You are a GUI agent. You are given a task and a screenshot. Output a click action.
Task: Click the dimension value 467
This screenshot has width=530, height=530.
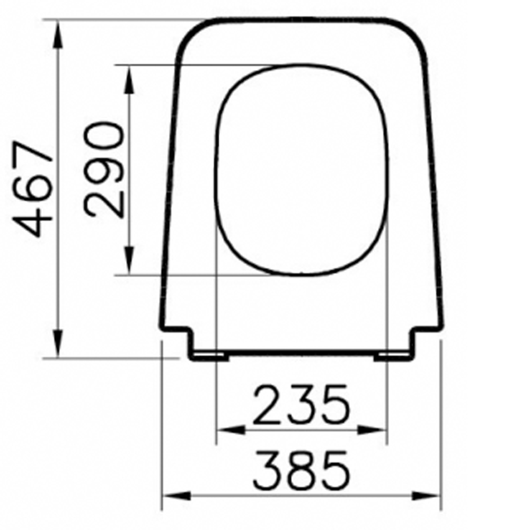click(x=35, y=188)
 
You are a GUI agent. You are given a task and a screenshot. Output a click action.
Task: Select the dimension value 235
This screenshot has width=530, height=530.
click(x=301, y=406)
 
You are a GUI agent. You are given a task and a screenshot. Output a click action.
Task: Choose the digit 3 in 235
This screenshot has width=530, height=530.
click(x=301, y=406)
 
